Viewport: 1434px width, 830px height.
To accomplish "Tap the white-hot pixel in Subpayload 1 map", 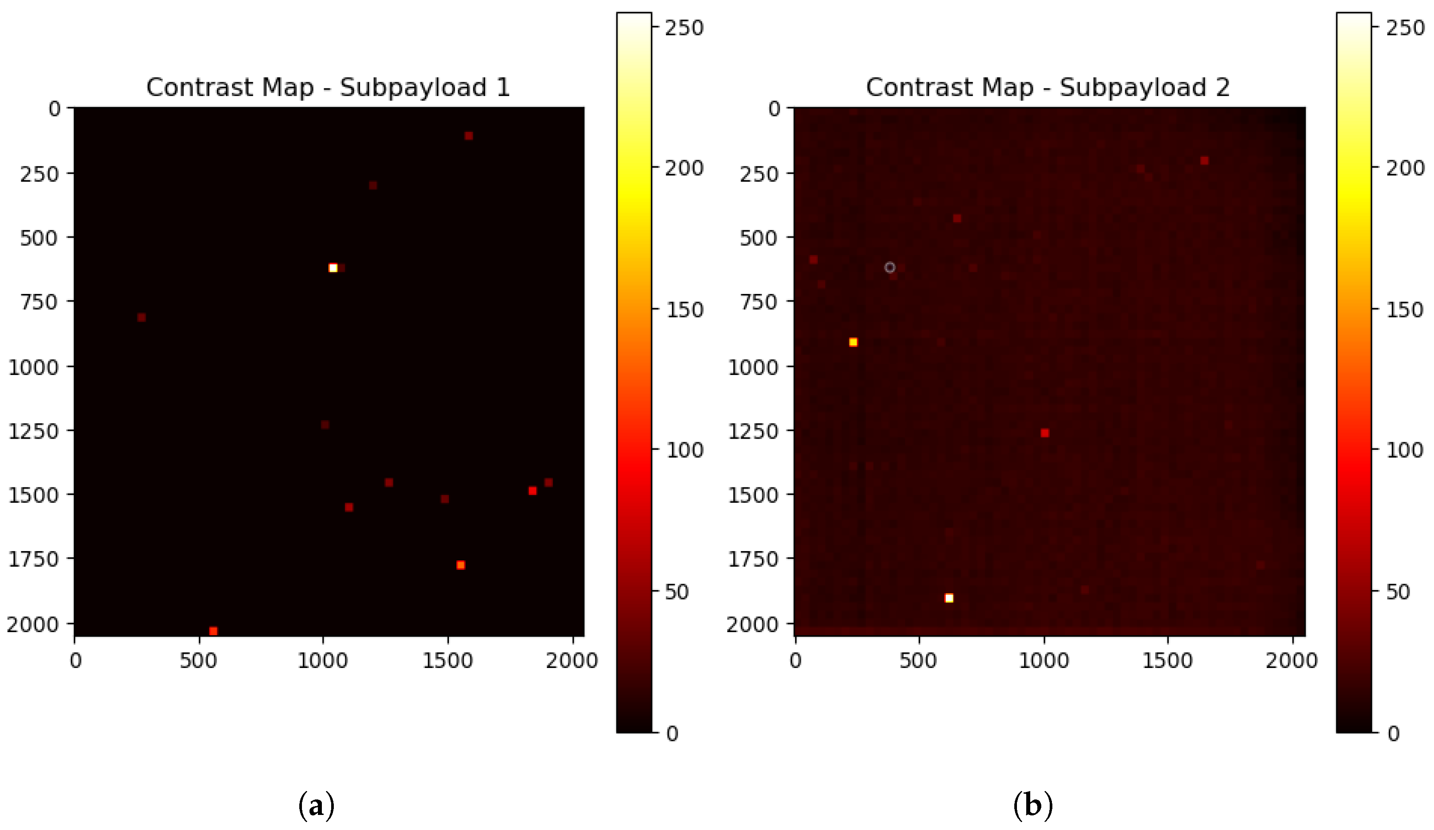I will (x=333, y=268).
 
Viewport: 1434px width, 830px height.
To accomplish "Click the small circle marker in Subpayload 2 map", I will (x=889, y=267).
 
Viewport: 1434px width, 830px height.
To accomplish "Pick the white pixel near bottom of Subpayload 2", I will (x=949, y=598).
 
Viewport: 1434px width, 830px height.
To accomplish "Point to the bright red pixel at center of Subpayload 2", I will (x=1045, y=433).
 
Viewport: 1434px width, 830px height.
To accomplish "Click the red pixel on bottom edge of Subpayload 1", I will (x=213, y=631).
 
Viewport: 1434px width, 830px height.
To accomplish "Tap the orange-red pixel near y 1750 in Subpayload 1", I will (x=460, y=565).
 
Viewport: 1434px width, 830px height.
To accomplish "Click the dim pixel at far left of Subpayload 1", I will (x=141, y=317).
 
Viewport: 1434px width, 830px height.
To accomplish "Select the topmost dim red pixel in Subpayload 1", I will (x=468, y=135).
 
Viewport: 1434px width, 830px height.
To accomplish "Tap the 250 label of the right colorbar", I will (x=1404, y=27).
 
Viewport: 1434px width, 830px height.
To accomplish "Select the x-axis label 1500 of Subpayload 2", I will (x=1167, y=660).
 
